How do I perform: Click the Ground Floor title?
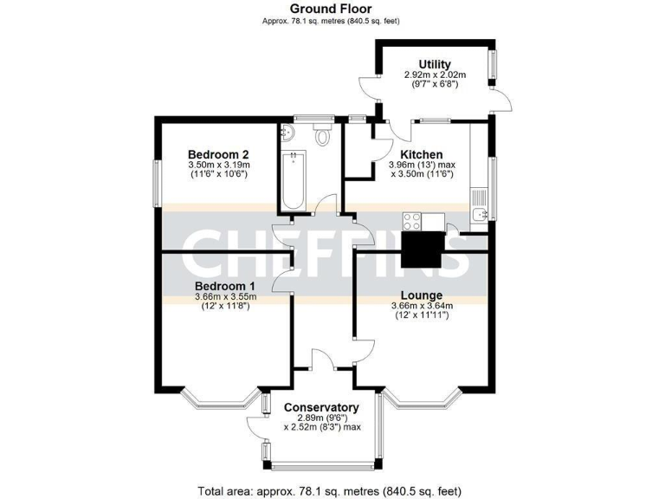coord(332,9)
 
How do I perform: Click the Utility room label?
coord(434,64)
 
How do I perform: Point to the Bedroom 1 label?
coord(224,286)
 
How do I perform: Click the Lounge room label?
coord(422,295)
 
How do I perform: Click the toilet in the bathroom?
coord(324,135)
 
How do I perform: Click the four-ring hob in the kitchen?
coord(410,221)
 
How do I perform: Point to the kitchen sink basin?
coord(478,214)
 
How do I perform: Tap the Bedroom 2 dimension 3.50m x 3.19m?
coord(218,165)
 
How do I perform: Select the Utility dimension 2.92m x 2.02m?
coord(434,75)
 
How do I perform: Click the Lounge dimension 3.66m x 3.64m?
coord(422,305)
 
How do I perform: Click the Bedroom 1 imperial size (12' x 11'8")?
coord(224,306)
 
